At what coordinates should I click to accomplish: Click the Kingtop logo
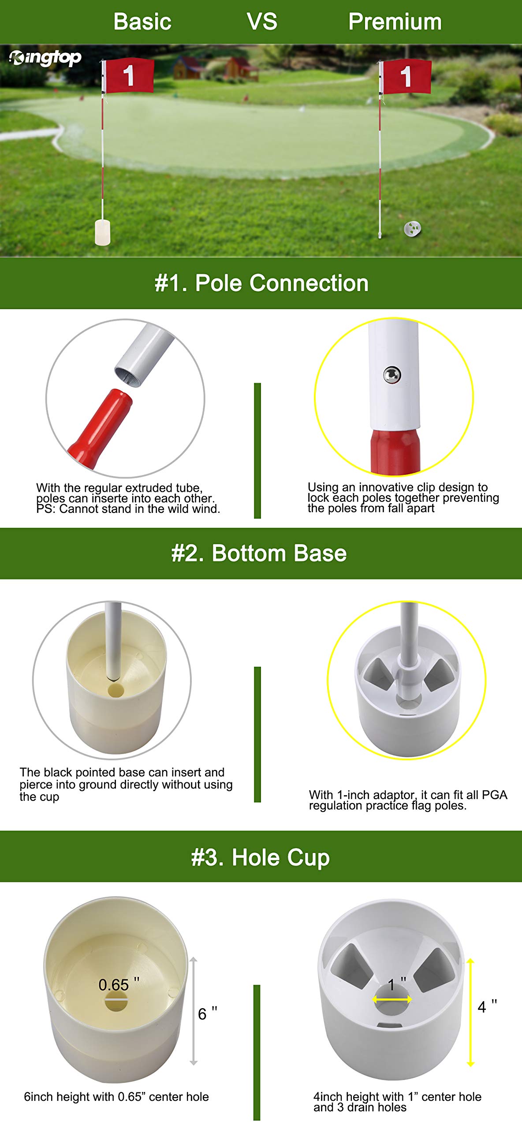[45, 58]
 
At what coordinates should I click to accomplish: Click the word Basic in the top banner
[142, 22]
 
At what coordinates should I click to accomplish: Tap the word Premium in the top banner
[395, 22]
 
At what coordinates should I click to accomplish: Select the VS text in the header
[262, 22]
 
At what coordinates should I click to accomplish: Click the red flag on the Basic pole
[129, 75]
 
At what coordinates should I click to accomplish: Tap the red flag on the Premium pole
[406, 77]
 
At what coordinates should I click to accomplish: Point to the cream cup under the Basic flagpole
[102, 232]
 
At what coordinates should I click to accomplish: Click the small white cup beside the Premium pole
[412, 228]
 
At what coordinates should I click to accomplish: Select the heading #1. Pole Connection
[261, 283]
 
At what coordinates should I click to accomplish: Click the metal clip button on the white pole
[392, 375]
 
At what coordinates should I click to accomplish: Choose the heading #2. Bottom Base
[259, 553]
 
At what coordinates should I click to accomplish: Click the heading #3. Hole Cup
[261, 858]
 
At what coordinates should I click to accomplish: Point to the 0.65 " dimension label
[119, 985]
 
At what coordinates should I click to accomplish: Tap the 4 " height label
[488, 1007]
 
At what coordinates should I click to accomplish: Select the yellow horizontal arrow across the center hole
[392, 999]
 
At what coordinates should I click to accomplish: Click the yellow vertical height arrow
[470, 1013]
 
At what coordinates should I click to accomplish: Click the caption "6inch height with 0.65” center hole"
[116, 1097]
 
